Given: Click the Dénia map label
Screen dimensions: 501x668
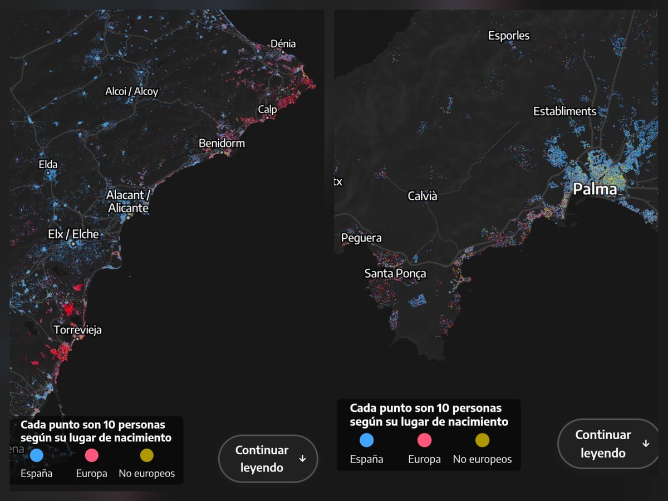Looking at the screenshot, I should (x=283, y=44).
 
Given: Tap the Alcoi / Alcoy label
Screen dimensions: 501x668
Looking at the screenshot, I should (x=132, y=91).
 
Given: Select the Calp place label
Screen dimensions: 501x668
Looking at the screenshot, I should (x=267, y=110).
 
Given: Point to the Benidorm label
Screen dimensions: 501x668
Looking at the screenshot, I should (x=222, y=144).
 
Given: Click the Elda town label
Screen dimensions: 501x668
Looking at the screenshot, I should (x=48, y=164).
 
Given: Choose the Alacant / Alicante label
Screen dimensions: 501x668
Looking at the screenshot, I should (x=128, y=202).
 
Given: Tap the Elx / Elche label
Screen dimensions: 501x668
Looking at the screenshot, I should (x=73, y=234).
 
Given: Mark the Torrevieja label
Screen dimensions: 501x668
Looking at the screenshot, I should (x=77, y=330).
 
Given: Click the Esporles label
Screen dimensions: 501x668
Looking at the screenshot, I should (x=509, y=36).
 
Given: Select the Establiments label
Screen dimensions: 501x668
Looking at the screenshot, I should (x=564, y=111).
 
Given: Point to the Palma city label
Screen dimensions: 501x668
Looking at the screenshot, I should (x=595, y=189).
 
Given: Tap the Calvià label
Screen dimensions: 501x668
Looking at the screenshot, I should (x=423, y=196).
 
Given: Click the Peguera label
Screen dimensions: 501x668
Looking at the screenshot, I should (x=361, y=238).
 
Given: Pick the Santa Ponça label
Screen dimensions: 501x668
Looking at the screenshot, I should (x=395, y=273).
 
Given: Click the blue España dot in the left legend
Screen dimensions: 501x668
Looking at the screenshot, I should (x=36, y=455).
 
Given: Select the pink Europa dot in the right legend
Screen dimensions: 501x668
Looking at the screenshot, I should (x=424, y=440).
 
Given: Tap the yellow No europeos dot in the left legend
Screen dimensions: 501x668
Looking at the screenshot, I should (x=146, y=455).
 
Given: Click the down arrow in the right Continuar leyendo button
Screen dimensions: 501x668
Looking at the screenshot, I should (x=646, y=444).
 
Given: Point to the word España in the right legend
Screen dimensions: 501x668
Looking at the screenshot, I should (x=366, y=459).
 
